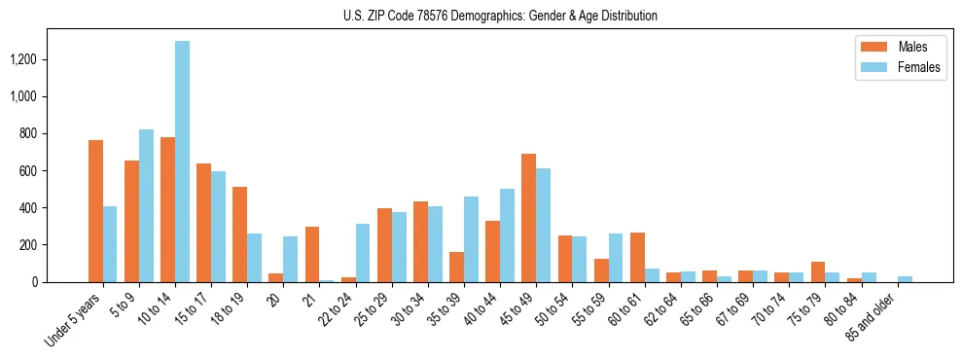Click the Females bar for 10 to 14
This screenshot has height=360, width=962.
coord(183,162)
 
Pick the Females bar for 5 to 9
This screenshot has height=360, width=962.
coord(147,205)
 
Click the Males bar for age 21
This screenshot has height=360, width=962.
coord(312,254)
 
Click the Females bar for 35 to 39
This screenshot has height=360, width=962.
coord(471,239)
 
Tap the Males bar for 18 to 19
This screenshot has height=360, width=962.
coord(240,234)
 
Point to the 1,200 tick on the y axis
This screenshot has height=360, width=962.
coord(24,59)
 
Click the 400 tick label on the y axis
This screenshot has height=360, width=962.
coord(28,207)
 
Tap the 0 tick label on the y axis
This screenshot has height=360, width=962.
coord(34,282)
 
